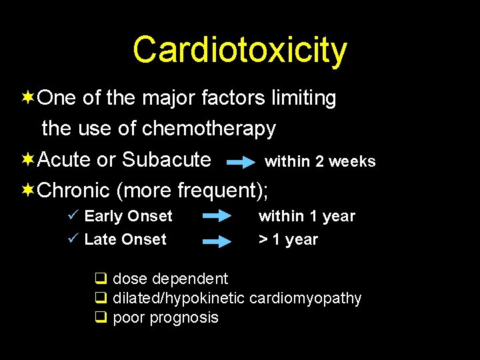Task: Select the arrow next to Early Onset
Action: (x=216, y=216)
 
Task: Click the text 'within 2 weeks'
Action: (x=320, y=161)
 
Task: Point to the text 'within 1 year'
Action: (x=307, y=216)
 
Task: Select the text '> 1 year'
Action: (x=288, y=239)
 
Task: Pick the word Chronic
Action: (x=74, y=191)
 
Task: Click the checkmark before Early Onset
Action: (x=74, y=215)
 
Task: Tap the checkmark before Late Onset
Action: (x=74, y=239)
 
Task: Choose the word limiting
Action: (x=303, y=99)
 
